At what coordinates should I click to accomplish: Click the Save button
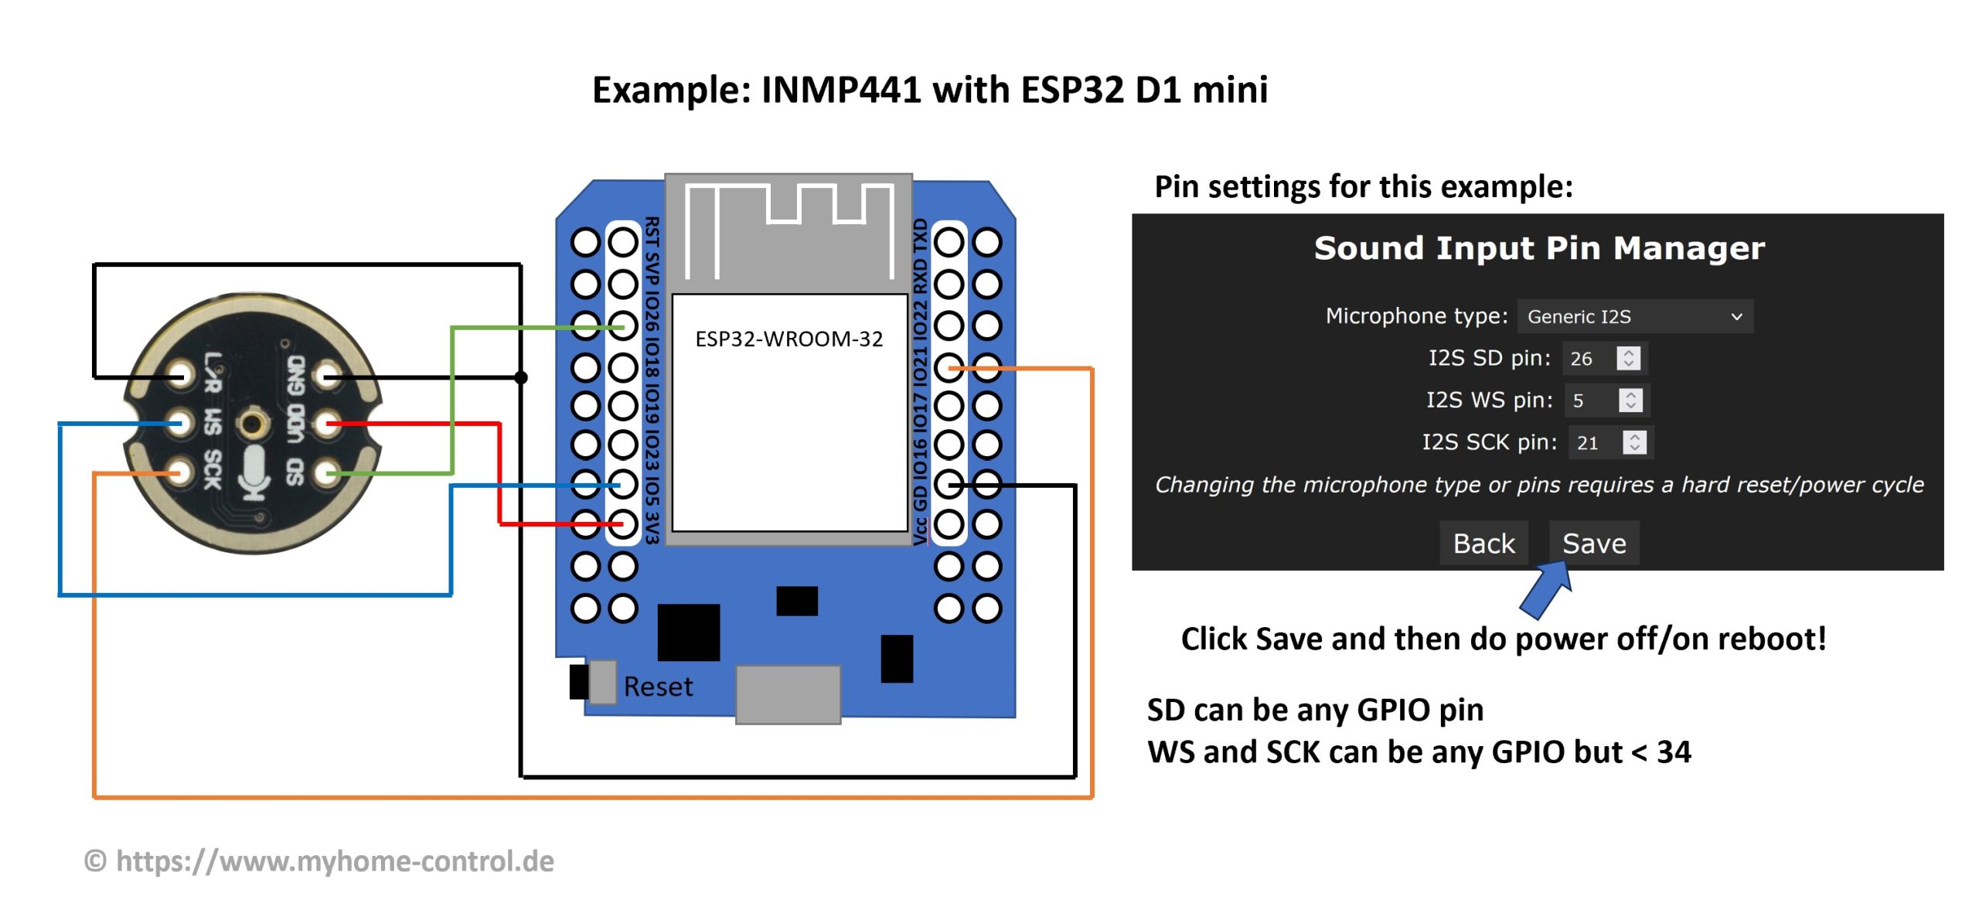[1593, 544]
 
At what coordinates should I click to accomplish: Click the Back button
[1483, 544]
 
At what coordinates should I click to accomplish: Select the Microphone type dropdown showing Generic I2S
[1635, 316]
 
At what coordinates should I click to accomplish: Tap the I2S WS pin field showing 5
[1592, 401]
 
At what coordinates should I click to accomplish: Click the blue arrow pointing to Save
[1547, 589]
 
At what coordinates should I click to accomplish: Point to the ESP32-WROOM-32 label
[789, 339]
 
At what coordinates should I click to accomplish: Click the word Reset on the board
[658, 687]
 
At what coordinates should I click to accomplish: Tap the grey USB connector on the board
[788, 694]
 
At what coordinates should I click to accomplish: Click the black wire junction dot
[521, 377]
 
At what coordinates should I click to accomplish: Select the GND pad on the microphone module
[329, 377]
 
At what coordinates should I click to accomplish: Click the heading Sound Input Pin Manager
[1538, 248]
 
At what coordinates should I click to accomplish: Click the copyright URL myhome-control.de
[335, 861]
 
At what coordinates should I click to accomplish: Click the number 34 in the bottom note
[1674, 752]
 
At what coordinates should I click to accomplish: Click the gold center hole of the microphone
[253, 423]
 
